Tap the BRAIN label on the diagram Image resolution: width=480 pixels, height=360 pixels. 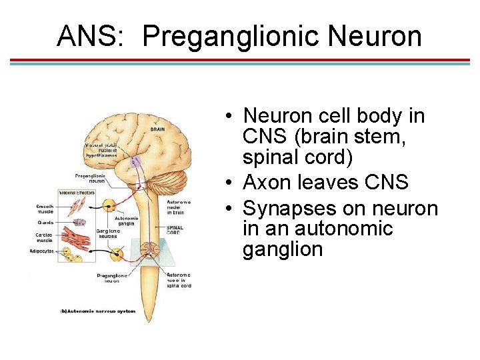point(158,130)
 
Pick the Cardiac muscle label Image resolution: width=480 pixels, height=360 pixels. point(45,238)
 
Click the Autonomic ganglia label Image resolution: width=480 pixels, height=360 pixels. point(127,221)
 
